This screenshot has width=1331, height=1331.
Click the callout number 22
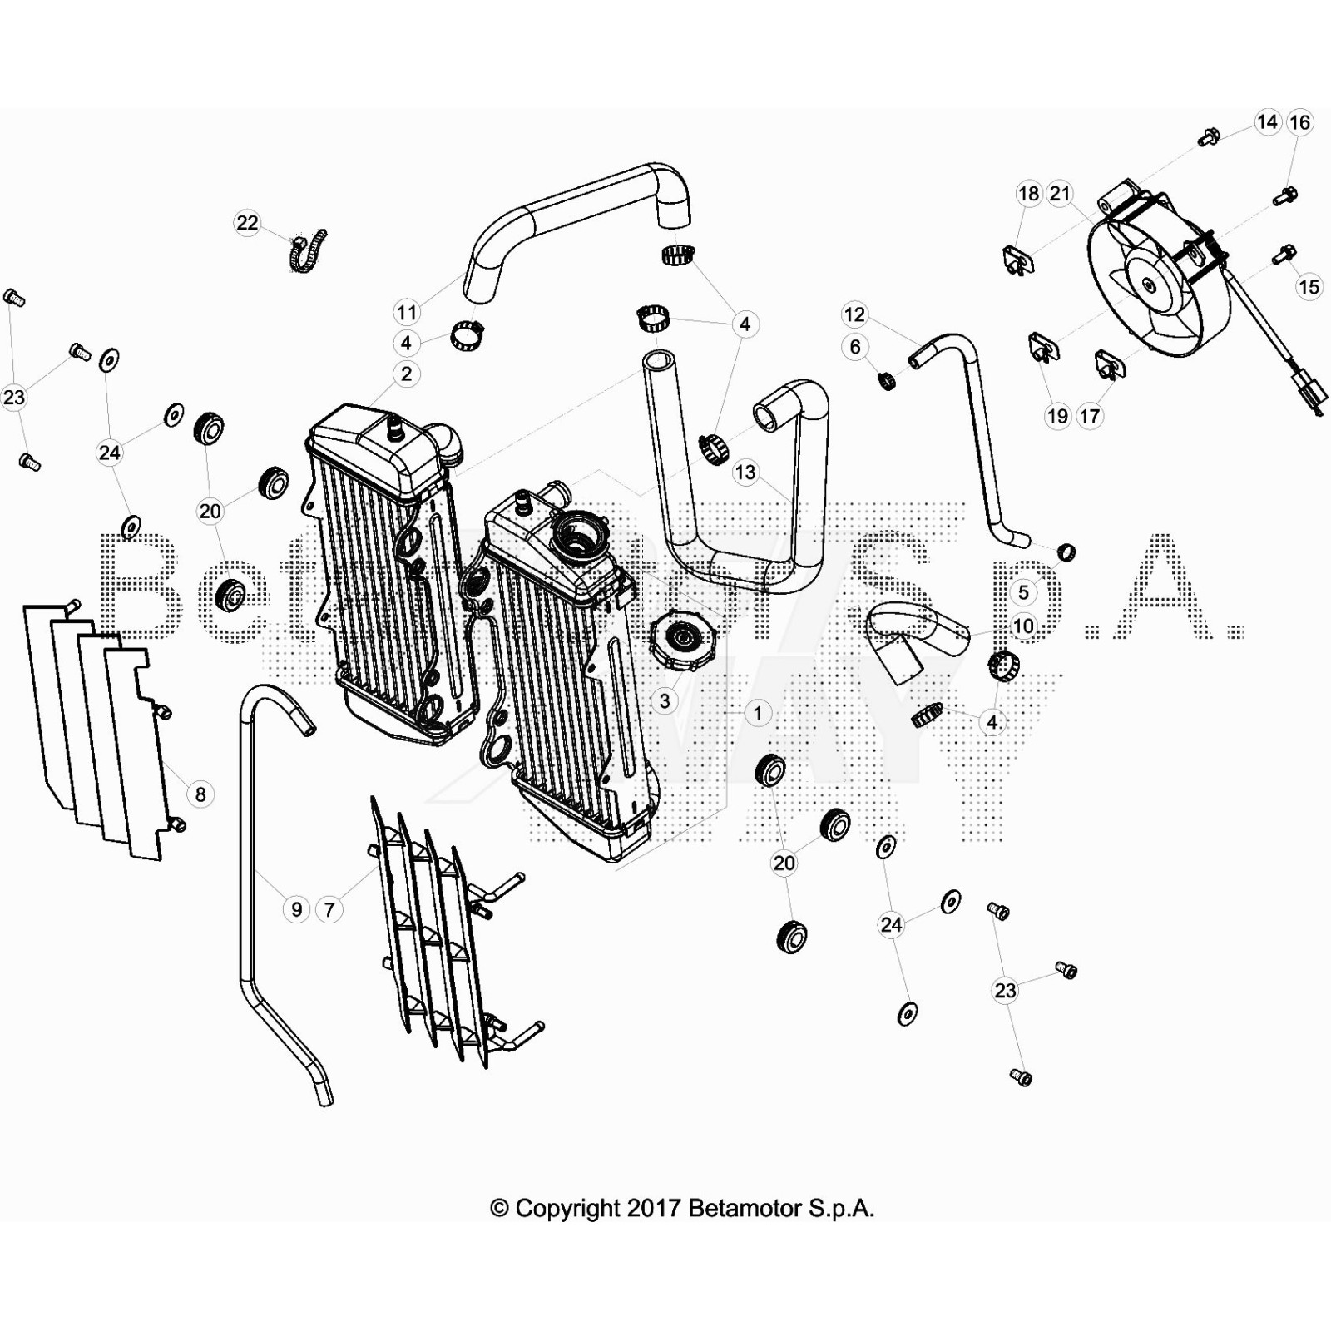(247, 223)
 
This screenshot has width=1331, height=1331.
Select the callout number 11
(407, 313)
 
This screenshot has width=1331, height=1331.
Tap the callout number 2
(406, 374)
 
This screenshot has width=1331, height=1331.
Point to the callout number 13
(745, 473)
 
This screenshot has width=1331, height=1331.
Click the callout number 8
(200, 794)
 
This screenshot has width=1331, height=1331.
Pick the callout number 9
(297, 909)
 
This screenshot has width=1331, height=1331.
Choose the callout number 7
(329, 909)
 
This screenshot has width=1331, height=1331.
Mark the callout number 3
(665, 701)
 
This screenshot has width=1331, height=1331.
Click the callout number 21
(1060, 194)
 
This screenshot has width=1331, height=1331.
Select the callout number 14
(1267, 122)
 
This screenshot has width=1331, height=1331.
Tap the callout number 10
(1023, 626)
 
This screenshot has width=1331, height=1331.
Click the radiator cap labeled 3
(684, 641)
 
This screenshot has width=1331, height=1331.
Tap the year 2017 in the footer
(656, 1208)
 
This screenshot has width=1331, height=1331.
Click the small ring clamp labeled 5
(1066, 552)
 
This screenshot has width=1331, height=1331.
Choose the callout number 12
(854, 314)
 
